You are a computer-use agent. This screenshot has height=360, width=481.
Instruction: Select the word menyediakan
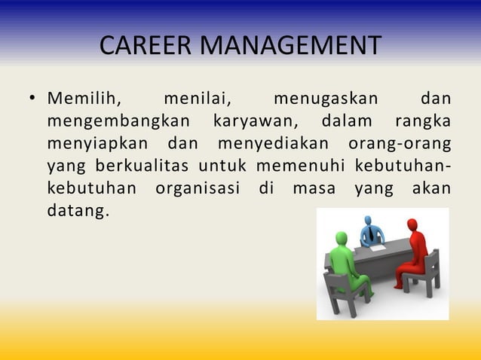pos(273,143)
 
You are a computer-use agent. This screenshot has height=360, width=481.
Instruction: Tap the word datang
pos(78,209)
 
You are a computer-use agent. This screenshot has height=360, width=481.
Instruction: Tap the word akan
pos(431,187)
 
